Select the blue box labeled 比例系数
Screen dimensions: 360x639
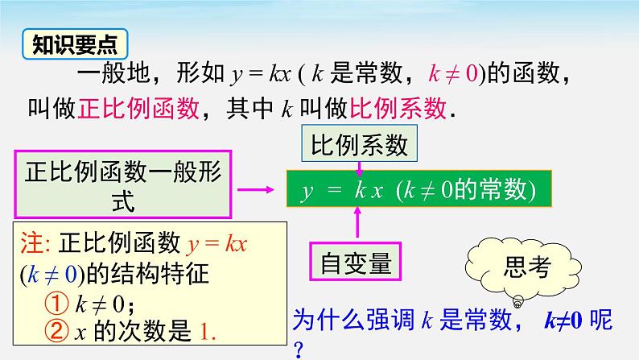tap(359, 147)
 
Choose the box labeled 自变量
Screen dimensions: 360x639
tap(356, 260)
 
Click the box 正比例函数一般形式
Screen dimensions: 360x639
tap(122, 184)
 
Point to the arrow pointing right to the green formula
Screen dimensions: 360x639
tap(259, 190)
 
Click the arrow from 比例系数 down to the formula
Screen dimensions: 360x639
tap(360, 166)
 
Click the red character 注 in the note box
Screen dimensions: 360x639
tap(31, 241)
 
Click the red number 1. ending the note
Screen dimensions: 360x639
tap(205, 330)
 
